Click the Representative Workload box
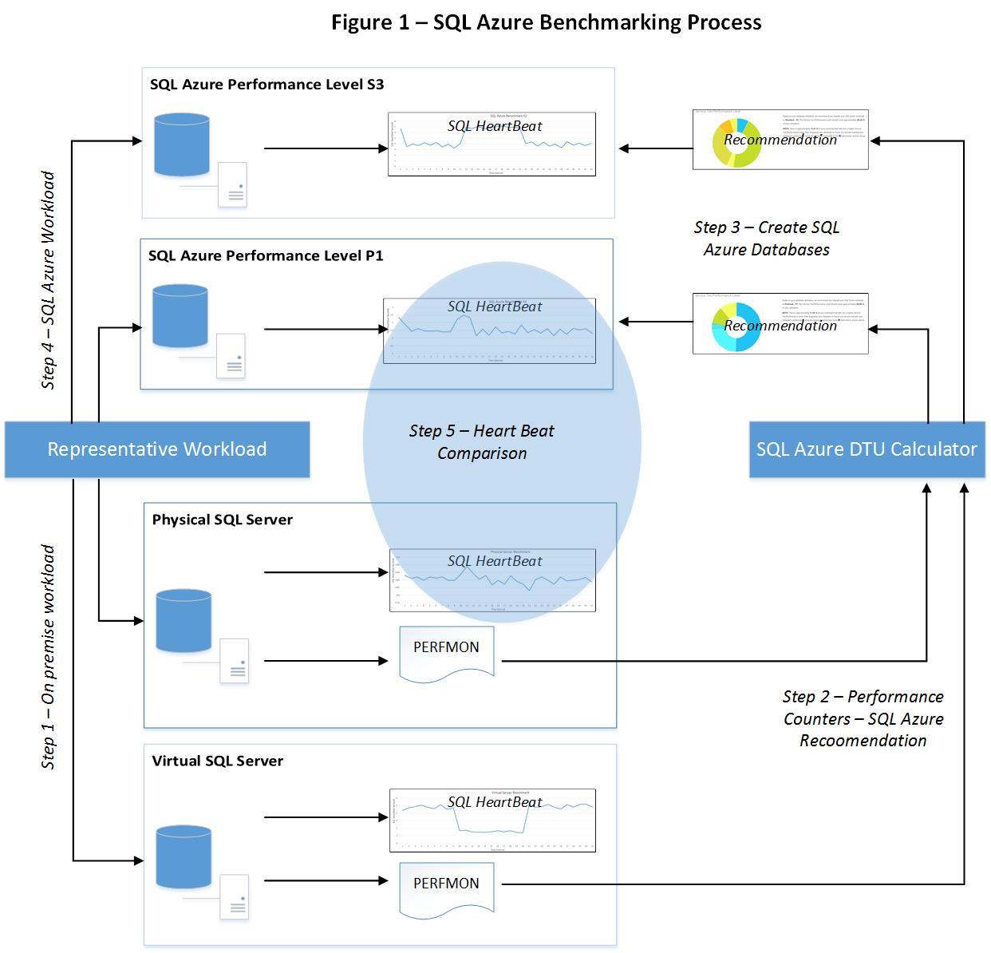(157, 449)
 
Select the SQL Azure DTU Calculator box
(867, 449)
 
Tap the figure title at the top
(546, 22)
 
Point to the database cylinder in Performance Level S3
(183, 144)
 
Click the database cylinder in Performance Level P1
(180, 316)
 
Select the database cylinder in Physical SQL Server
(184, 621)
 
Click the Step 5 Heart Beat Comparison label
(481, 442)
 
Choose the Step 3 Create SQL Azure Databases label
(767, 239)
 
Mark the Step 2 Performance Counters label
(863, 718)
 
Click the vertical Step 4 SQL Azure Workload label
(49, 280)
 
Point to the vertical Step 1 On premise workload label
(49, 657)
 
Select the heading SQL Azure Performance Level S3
(267, 85)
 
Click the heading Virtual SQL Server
(217, 761)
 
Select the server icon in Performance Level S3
(233, 184)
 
